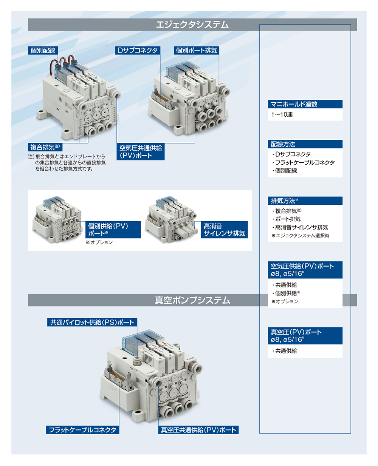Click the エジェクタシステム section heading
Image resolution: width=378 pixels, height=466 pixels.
(192, 25)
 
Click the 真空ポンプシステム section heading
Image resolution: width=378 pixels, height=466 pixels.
(192, 300)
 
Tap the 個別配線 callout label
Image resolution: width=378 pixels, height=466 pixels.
(43, 51)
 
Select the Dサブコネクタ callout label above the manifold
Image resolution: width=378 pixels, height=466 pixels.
(138, 51)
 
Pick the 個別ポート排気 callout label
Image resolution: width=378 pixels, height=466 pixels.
(197, 51)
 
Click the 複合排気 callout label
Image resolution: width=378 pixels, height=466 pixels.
(45, 147)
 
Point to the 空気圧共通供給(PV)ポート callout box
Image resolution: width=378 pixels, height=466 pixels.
(140, 152)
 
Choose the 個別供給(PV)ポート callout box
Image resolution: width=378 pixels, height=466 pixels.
(113, 230)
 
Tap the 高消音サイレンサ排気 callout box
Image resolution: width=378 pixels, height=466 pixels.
(224, 230)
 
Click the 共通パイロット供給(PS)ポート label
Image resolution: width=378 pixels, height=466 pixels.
(92, 322)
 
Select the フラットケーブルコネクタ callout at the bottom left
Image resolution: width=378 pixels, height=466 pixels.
(82, 430)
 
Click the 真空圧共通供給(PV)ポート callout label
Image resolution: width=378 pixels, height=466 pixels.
(198, 430)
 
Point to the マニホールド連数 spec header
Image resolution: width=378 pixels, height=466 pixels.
(305, 104)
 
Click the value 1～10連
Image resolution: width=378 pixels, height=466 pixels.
(282, 114)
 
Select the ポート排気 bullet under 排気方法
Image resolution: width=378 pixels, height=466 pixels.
(286, 219)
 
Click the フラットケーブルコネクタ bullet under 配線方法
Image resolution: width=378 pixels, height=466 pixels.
(303, 162)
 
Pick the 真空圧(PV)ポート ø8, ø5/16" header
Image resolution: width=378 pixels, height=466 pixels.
(305, 336)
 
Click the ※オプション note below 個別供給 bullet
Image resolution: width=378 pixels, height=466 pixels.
(285, 301)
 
